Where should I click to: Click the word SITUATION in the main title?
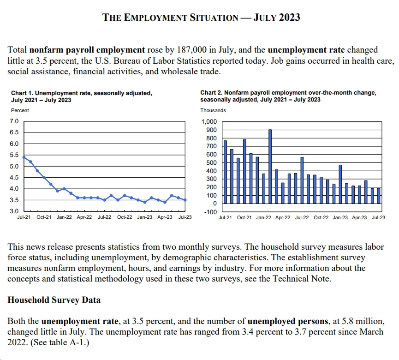[214, 18]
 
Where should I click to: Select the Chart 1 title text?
[82, 96]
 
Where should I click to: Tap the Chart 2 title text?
[288, 96]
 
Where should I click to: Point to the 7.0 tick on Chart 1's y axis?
[14, 121]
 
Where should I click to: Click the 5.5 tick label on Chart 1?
[14, 155]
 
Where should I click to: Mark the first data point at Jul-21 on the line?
[24, 157]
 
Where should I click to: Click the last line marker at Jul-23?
[185, 200]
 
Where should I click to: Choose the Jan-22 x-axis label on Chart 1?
[64, 217]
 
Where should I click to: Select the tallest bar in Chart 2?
[270, 167]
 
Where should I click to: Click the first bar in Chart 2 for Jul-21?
[225, 172]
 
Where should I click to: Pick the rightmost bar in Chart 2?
[379, 196]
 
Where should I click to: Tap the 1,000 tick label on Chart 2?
[209, 122]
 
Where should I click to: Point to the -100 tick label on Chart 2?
[210, 212]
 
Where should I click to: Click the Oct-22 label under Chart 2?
[321, 218]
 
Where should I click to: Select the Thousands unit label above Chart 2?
[213, 110]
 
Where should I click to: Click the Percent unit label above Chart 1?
[20, 110]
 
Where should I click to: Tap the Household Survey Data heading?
[54, 300]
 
